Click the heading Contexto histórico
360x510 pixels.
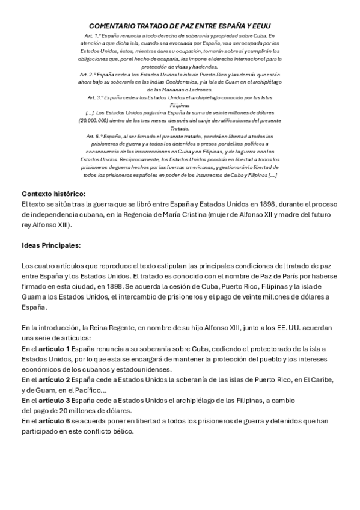point(53,194)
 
